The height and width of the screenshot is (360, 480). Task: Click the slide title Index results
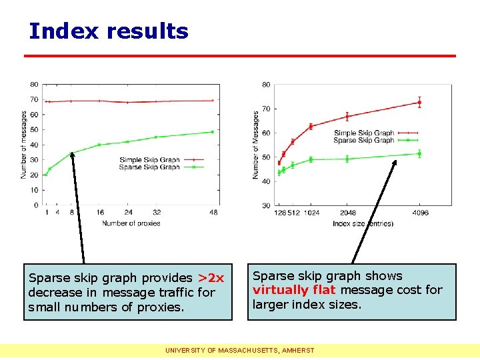coord(109,31)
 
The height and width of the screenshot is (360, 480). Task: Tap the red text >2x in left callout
coord(211,277)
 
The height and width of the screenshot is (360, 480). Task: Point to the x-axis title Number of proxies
coord(131,223)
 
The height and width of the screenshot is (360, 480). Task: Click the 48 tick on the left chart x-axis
coord(213,213)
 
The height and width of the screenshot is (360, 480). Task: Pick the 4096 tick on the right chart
coord(419,213)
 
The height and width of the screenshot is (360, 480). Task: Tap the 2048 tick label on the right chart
coord(347,213)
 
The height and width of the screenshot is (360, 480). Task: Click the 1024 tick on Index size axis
coord(311,213)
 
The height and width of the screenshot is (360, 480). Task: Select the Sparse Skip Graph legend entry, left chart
coord(150,167)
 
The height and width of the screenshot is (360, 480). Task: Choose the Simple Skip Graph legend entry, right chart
coord(364,133)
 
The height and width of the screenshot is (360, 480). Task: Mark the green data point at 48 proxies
coord(213,132)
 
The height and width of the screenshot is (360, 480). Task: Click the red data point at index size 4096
coord(419,102)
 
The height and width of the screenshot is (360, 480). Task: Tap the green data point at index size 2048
coord(347,159)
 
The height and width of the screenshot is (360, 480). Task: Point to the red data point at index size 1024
coord(311,126)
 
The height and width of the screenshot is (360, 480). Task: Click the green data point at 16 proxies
coord(99,145)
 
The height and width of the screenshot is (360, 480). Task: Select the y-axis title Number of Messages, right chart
coord(255,145)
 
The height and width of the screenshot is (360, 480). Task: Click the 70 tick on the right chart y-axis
coord(266,109)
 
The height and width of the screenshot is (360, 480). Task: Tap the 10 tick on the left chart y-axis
coord(35,190)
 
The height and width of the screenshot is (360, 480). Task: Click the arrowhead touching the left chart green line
coord(72,155)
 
